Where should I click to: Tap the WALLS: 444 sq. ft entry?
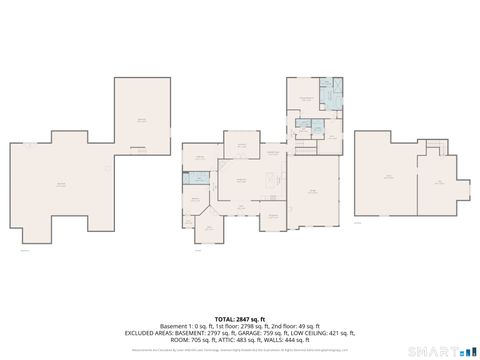[x=290, y=339]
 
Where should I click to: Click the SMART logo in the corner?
[x=441, y=350]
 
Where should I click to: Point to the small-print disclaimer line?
[x=240, y=350]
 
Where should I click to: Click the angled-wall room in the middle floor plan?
[x=211, y=227]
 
